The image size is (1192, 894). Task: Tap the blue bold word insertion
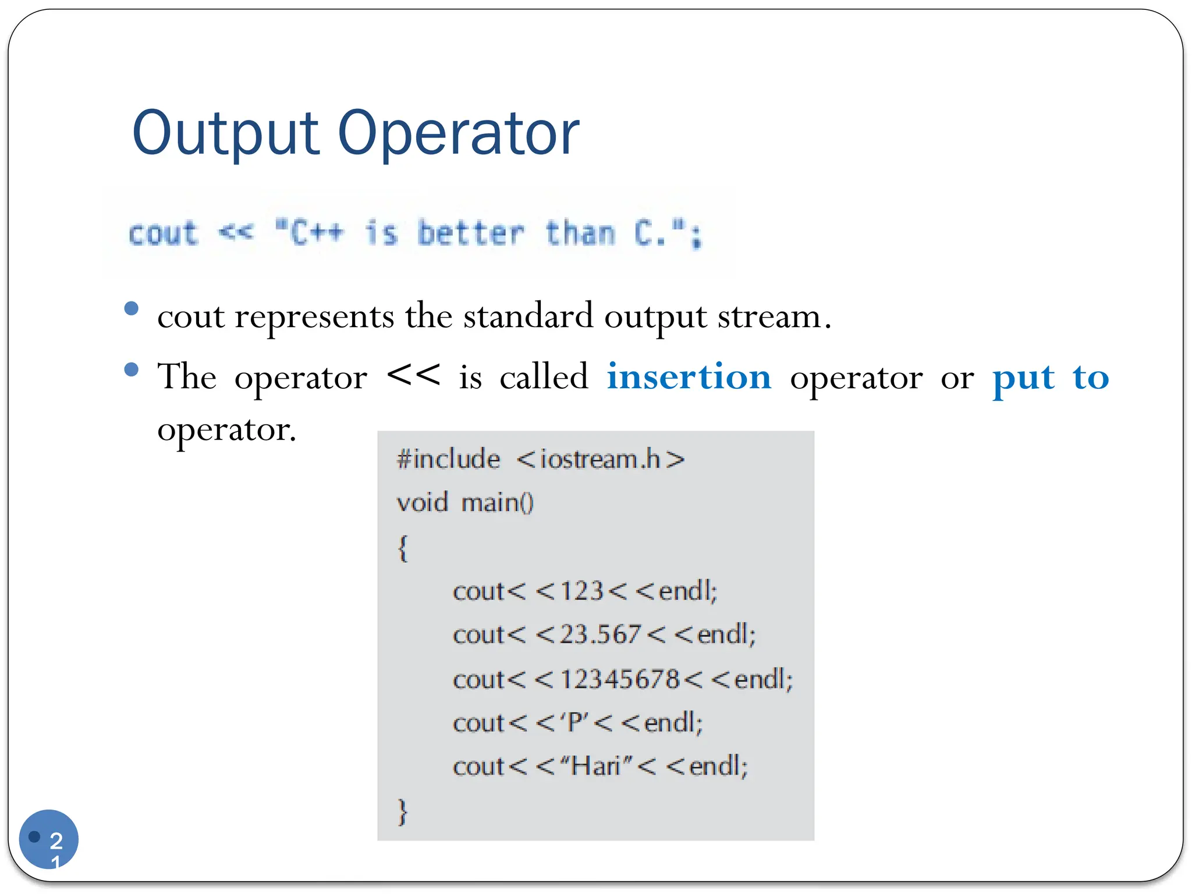click(x=689, y=377)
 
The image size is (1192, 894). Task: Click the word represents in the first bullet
click(x=314, y=317)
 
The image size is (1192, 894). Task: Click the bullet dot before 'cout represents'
click(x=132, y=308)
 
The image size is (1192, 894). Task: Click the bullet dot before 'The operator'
click(x=132, y=369)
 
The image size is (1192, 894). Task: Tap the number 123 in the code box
click(x=581, y=591)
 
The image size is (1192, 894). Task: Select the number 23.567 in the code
click(x=600, y=634)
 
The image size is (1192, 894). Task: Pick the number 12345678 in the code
click(x=619, y=679)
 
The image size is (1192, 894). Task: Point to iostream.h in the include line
click(x=600, y=459)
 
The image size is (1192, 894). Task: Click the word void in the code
click(x=422, y=502)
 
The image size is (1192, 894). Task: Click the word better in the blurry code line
click(x=471, y=234)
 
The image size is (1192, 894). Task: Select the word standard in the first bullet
click(x=528, y=317)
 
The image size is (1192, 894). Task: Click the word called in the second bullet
click(x=544, y=377)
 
